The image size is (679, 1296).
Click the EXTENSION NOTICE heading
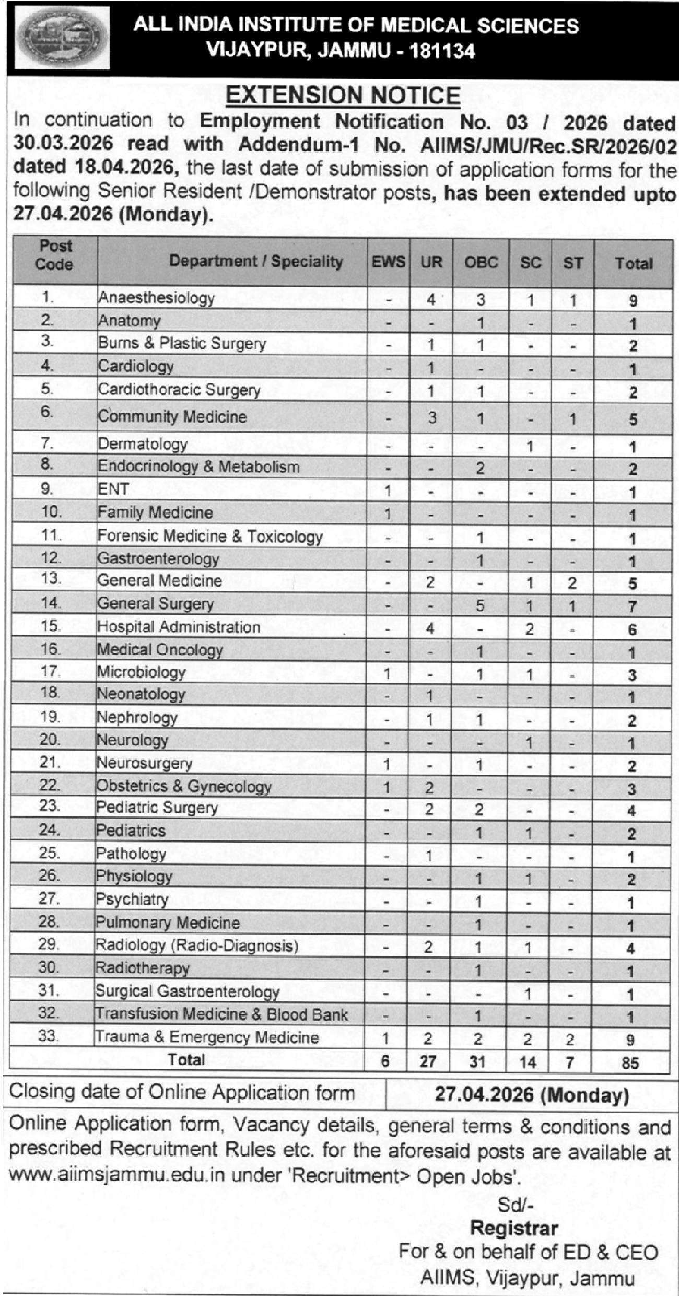[x=343, y=96]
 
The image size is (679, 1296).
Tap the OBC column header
[x=481, y=263]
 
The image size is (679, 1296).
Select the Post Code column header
[x=55, y=255]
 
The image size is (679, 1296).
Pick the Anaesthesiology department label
[x=157, y=298]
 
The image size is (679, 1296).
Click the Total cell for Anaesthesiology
[x=633, y=301]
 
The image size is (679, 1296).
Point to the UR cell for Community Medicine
[x=431, y=418]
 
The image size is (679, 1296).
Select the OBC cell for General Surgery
[x=480, y=605]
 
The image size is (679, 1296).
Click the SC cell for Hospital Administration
[x=530, y=628]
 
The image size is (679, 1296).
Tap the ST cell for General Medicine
[x=572, y=582]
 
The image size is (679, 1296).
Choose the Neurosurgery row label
[x=145, y=763]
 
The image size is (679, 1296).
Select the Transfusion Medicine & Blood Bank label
[x=221, y=1014]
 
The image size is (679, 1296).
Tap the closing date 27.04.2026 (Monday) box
[x=531, y=1093]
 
